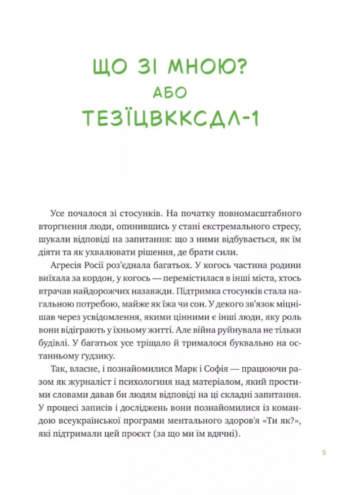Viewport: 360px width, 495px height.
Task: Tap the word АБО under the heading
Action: pos(180,94)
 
